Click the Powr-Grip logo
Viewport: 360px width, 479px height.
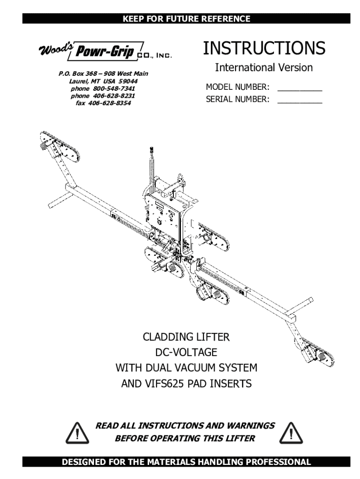(x=105, y=51)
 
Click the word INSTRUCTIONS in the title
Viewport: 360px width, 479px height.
(x=264, y=48)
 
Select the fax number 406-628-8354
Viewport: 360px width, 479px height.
(x=109, y=103)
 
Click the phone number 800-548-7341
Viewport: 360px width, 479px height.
(x=113, y=88)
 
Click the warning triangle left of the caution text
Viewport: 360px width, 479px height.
(x=77, y=433)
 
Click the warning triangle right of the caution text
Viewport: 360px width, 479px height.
(x=291, y=433)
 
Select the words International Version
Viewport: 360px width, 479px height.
(x=264, y=67)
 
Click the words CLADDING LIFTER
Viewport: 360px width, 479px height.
(x=186, y=337)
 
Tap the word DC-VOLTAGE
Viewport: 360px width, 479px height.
(x=186, y=352)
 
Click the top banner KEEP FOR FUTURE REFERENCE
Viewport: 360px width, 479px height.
(x=186, y=19)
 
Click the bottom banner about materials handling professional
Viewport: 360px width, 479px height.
(x=186, y=462)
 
